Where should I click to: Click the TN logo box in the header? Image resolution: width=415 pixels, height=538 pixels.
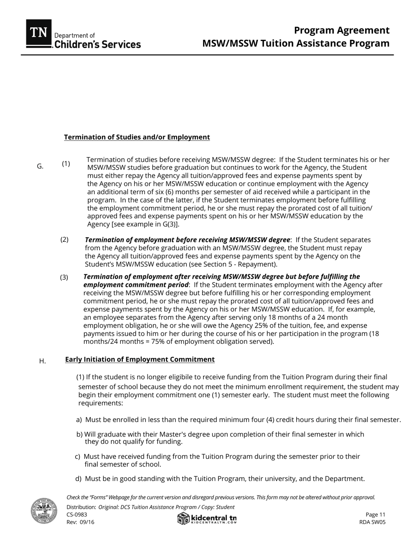tap(39, 33)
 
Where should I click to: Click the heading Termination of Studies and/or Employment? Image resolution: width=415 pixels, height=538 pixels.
tap(137, 137)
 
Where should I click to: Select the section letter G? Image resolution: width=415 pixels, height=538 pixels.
tap(40, 166)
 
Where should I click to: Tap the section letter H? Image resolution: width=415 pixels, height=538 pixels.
tap(42, 361)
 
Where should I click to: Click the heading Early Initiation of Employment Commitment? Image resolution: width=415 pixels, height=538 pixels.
tap(140, 360)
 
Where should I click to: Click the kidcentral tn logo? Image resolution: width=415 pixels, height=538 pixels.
tap(207, 519)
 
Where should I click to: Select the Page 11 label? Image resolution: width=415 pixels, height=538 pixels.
tap(375, 515)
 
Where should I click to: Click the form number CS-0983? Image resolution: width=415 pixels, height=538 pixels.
tap(77, 515)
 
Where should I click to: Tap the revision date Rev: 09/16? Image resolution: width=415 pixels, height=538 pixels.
tap(80, 522)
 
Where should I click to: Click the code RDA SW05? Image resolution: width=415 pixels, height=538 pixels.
tap(372, 522)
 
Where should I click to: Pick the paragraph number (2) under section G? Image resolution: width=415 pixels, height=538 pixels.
tap(64, 240)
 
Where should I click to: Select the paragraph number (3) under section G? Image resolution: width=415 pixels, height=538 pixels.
tap(64, 277)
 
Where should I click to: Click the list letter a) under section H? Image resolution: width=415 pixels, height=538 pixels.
tap(79, 420)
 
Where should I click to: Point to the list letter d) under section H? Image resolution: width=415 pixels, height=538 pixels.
tap(78, 479)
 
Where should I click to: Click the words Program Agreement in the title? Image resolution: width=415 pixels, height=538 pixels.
tap(341, 31)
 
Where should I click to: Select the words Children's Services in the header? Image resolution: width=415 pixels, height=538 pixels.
tap(97, 45)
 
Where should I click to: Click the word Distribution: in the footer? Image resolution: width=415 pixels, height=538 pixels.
tap(81, 507)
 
